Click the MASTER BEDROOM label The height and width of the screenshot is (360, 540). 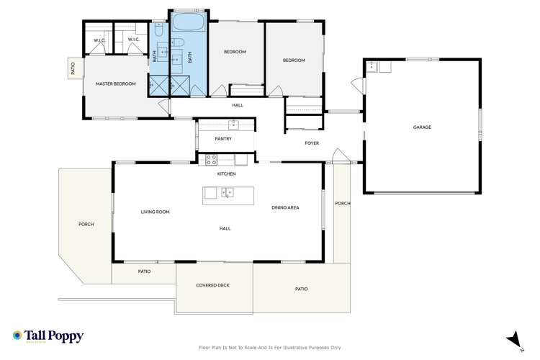pos(115,84)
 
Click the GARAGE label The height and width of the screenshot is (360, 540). pos(422,127)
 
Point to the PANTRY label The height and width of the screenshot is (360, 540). pos(223,138)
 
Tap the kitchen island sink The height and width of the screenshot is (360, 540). pos(228,192)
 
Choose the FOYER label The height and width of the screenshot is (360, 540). pos(312,143)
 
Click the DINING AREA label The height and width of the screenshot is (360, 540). pos(285,208)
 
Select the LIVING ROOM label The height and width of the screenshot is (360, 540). pos(155,212)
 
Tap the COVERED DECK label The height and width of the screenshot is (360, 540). pos(212,286)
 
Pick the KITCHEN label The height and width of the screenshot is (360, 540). pos(227,174)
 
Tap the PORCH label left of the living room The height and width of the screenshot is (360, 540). pos(86,225)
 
